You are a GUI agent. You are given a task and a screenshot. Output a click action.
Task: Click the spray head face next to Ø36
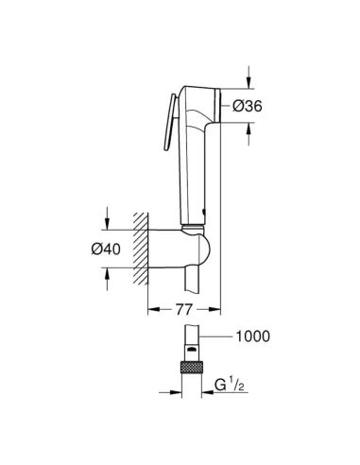tap(216, 105)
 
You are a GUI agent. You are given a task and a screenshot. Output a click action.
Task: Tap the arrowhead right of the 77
tap(215, 308)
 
